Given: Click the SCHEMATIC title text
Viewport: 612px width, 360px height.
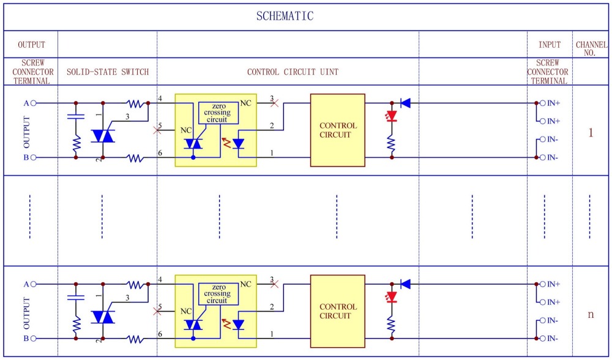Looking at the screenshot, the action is point(285,16).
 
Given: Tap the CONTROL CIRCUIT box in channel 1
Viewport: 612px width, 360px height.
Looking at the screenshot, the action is point(338,130).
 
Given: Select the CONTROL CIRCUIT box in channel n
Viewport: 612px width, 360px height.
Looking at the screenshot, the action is point(338,311).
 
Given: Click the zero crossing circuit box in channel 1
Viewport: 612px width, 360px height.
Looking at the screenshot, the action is point(218,113).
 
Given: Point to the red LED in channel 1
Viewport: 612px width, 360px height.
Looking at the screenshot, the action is point(392,116).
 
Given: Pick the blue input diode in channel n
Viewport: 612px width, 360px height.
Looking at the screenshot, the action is point(406,284).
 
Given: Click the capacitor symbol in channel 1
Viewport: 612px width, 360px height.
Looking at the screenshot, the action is point(76,116).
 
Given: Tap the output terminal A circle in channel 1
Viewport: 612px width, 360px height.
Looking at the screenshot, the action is point(33,103).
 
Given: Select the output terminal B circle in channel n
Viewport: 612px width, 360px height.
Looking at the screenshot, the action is point(33,339).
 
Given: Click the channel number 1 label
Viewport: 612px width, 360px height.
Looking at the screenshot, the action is point(591,133).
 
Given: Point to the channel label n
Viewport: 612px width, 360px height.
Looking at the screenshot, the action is point(591,314).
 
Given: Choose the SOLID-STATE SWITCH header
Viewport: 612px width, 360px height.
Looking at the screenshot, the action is point(108,72).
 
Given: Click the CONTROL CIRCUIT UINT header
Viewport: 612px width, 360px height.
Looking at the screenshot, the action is point(293,72).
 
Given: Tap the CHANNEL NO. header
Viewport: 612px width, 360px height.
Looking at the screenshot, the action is point(591,49).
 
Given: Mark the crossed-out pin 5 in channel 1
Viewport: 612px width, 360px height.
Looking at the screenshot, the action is point(157,130).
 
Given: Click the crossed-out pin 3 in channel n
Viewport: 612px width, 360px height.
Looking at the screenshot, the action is point(274,284).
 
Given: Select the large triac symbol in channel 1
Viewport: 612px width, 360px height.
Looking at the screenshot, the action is point(103,136).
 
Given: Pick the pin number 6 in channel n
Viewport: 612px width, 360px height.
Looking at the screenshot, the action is point(160,334).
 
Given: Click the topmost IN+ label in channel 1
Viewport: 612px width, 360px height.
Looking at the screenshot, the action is point(553,103).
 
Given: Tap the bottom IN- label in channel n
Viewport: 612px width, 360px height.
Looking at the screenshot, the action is point(552,339).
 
